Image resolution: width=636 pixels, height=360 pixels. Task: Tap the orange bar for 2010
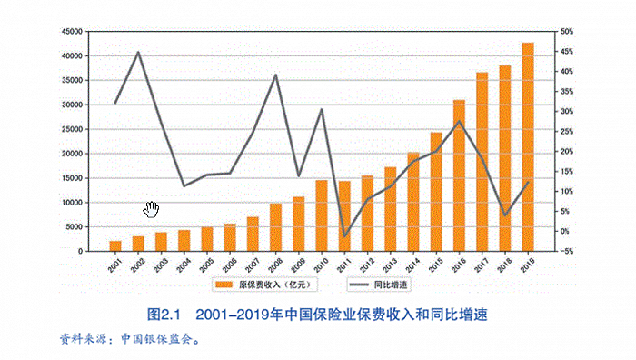pos(322,215)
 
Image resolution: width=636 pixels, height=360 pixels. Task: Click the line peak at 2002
pos(138,52)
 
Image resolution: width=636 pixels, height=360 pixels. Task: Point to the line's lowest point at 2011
pos(344,236)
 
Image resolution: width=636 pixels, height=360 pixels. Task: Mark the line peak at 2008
pos(275,75)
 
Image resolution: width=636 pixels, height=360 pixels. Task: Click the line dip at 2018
pos(505,215)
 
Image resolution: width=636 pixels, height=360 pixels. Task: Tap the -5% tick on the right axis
pos(566,252)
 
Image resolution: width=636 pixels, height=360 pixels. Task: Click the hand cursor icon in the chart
pos(151,210)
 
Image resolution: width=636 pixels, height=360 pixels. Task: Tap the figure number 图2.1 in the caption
pos(166,314)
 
